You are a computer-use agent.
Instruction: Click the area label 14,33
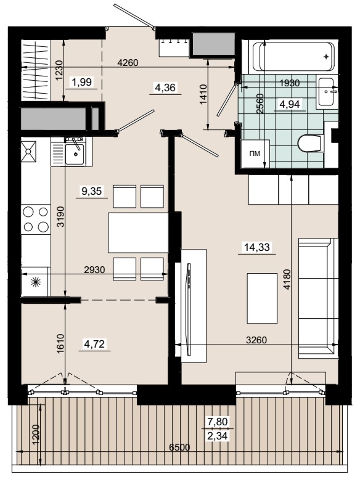256,247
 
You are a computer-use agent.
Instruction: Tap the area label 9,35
91,191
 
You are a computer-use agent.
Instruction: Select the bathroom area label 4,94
289,104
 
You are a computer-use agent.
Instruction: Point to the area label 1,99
81,82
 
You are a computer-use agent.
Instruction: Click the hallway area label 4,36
165,88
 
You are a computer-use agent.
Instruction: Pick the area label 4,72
94,344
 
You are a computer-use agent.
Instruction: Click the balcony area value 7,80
218,422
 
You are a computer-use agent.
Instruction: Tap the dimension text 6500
180,447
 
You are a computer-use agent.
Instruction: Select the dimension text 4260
128,63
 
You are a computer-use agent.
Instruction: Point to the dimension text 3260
256,340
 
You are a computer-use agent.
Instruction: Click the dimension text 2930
94,270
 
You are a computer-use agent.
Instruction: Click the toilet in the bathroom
310,143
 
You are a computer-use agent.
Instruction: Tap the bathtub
293,57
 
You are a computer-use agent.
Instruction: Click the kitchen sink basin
74,154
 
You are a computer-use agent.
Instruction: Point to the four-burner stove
36,219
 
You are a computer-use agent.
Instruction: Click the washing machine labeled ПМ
255,153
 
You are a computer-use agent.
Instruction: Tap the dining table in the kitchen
138,232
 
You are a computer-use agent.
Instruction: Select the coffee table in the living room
263,298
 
